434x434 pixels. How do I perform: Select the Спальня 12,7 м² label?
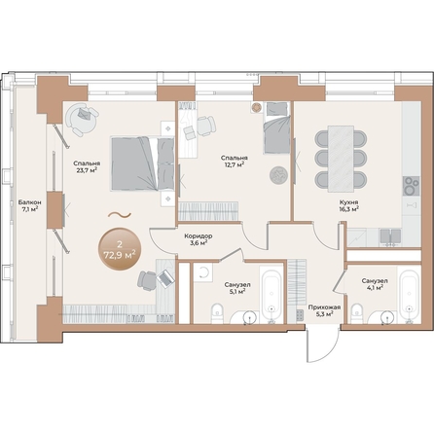pyautogui.click(x=233, y=161)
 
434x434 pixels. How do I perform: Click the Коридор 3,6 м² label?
pyautogui.click(x=199, y=239)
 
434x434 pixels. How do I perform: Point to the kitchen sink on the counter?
pyautogui.click(x=389, y=235)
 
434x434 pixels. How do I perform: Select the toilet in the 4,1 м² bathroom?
pyautogui.click(x=357, y=312)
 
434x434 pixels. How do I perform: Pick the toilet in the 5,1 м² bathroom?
pyautogui.click(x=220, y=311)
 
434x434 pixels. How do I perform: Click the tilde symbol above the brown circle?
pyautogui.click(x=120, y=215)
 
